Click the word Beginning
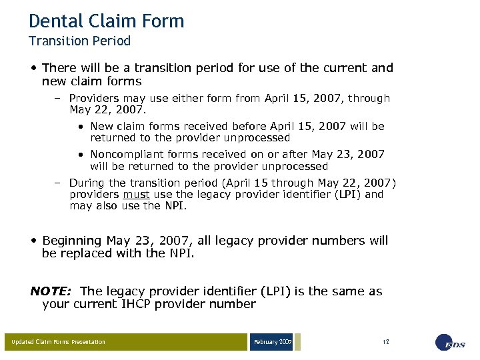click(72, 240)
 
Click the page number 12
click(386, 342)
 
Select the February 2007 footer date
click(272, 342)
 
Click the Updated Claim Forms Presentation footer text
click(59, 342)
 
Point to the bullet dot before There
click(33, 68)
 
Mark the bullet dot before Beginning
click(33, 241)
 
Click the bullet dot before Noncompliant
click(80, 155)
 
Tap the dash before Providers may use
click(58, 98)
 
